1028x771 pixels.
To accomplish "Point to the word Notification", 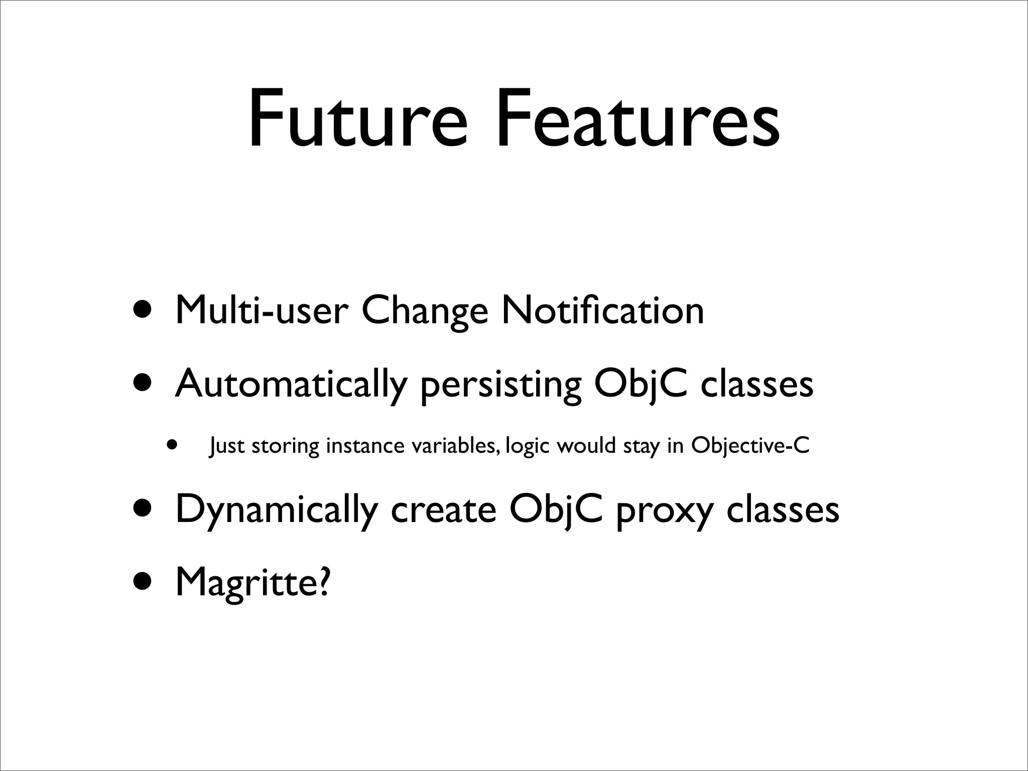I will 603,311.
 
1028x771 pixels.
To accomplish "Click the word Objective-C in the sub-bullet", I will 750,446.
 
